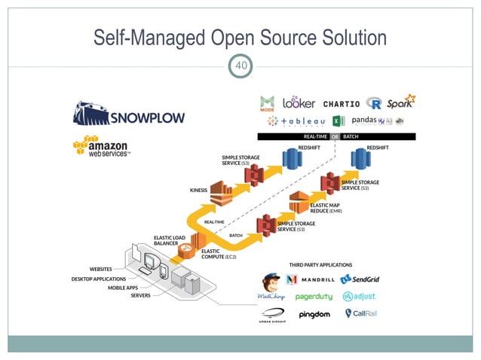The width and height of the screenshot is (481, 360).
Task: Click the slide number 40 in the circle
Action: pyautogui.click(x=240, y=66)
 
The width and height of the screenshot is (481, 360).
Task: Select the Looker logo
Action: pyautogui.click(x=299, y=102)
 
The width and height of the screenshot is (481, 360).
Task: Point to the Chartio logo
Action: pyautogui.click(x=342, y=103)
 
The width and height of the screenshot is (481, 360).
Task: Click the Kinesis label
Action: pyautogui.click(x=198, y=191)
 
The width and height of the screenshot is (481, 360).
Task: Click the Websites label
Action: pyautogui.click(x=101, y=267)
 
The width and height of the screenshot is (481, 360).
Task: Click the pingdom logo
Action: pyautogui.click(x=314, y=314)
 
